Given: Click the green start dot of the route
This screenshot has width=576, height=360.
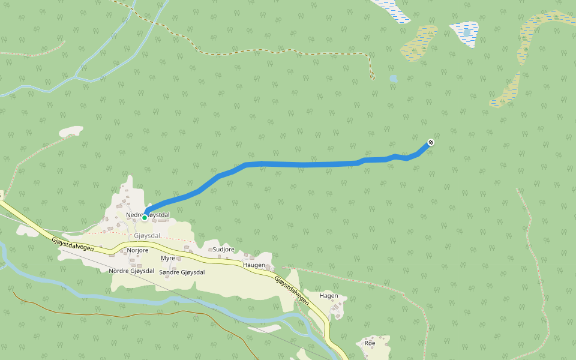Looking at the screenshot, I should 145,218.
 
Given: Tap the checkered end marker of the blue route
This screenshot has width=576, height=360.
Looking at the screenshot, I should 430,142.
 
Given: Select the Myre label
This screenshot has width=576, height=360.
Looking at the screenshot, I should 168,258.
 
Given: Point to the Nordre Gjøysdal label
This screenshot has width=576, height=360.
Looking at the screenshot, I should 131,271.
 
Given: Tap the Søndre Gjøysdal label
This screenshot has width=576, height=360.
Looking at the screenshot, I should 182,272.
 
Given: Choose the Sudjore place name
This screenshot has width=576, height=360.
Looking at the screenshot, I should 223,248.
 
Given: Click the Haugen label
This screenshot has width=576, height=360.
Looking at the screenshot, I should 254,265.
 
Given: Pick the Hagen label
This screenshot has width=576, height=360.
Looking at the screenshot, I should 329,296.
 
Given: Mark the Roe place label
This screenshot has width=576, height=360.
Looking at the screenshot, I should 370,343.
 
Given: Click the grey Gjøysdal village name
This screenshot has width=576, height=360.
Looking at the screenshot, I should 148,235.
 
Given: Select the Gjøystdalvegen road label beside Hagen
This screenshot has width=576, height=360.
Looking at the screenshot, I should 292,290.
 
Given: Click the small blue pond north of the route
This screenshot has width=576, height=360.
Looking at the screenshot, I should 393,79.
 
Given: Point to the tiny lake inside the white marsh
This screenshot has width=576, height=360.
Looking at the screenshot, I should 466,31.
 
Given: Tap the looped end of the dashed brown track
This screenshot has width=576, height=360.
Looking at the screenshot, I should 372,76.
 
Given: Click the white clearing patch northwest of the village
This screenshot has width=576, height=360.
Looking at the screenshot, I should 70,131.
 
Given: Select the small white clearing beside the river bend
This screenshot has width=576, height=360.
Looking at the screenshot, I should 264,328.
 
